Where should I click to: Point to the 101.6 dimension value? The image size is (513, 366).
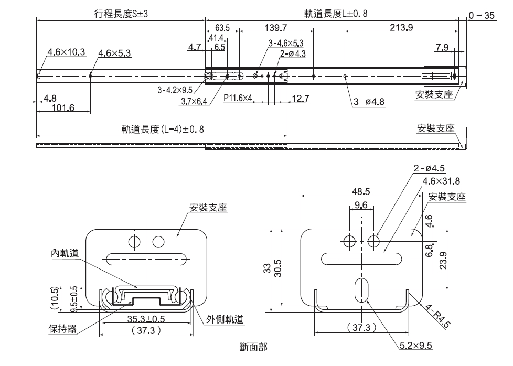point(64,108)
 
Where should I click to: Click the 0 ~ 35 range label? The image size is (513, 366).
point(482,16)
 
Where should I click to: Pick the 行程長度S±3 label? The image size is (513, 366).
point(121,14)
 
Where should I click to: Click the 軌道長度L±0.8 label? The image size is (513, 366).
point(335,14)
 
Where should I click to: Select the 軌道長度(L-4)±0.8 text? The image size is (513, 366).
point(163,129)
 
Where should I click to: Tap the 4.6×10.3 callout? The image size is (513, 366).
point(66,52)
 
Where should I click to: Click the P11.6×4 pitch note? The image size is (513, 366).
point(238,98)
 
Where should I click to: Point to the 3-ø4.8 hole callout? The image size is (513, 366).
point(369,102)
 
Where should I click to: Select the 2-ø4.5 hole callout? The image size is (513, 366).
point(429,168)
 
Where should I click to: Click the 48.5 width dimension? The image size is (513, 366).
point(361,191)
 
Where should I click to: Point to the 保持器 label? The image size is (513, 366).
point(63,329)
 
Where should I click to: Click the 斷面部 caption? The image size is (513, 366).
point(252,346)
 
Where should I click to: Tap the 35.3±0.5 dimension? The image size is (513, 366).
point(146,318)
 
